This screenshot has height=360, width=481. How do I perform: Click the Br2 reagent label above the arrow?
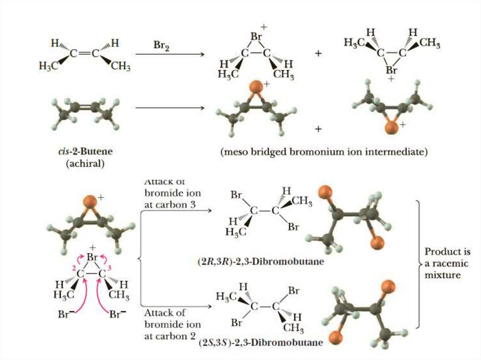coord(161,45)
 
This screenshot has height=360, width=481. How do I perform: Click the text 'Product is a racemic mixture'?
coord(444,263)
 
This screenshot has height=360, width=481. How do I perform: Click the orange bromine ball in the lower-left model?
coord(90,202)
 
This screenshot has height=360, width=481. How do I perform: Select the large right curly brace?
coord(418,263)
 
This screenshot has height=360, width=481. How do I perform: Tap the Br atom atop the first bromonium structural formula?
coord(256,36)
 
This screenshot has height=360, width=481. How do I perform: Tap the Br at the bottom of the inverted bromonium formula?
coord(391,70)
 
